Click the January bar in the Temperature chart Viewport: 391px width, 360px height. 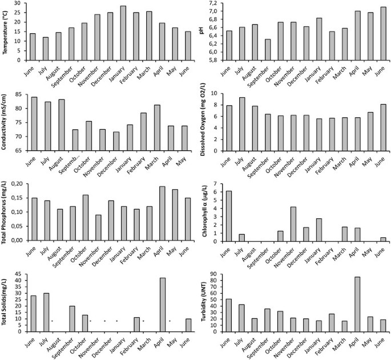pyautogui.click(x=123, y=33)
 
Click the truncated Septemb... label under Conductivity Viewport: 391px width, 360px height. pyautogui.click(x=67, y=166)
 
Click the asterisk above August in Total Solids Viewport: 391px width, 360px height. pyautogui.click(x=52, y=321)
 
